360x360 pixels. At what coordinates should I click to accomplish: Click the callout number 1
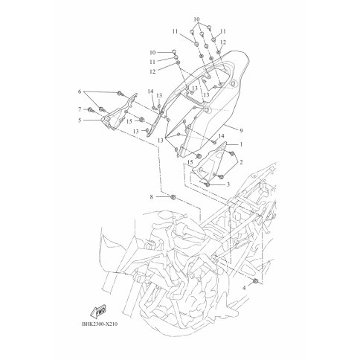[240, 144]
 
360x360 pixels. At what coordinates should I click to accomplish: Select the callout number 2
[241, 162]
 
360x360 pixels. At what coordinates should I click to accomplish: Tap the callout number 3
[228, 184]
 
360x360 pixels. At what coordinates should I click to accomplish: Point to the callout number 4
[244, 288]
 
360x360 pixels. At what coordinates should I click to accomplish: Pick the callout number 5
[80, 120]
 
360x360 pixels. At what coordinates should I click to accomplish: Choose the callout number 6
[80, 91]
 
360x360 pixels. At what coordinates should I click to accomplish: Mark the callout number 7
[80, 109]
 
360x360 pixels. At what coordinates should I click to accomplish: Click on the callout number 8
[152, 197]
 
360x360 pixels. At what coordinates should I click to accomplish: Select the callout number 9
[241, 130]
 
